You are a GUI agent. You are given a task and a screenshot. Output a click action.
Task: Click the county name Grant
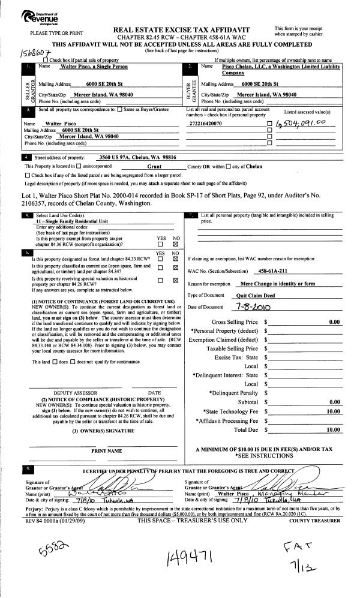(x=155, y=166)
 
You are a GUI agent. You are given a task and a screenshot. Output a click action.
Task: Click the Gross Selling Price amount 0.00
(x=335, y=322)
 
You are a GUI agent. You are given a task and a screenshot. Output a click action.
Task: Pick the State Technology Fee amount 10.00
(x=333, y=411)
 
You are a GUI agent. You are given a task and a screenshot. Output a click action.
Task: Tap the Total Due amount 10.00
(x=333, y=430)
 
